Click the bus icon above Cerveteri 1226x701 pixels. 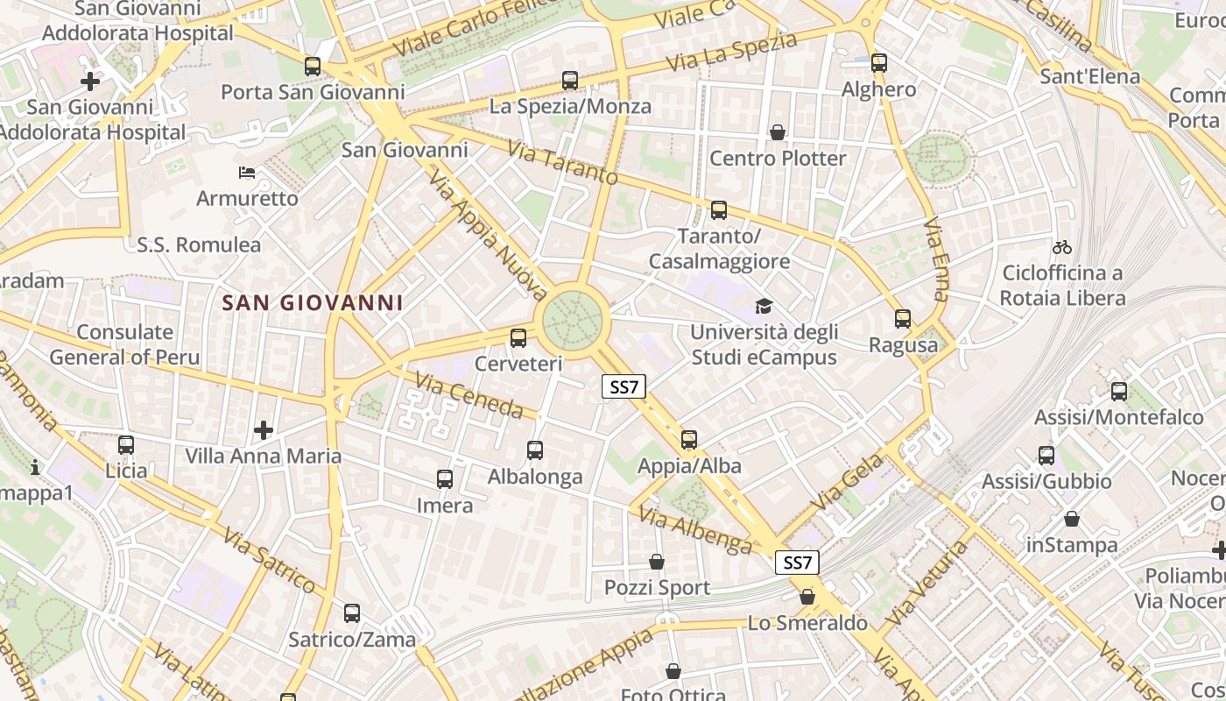coord(518,337)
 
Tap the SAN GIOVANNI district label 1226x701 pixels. coord(313,303)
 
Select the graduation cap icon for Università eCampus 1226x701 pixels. coord(764,307)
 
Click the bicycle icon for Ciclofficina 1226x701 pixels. coord(1062,247)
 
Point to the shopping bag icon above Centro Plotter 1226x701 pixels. coord(777,132)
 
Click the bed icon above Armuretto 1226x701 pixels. coord(247,173)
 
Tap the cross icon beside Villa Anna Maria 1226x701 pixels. coord(264,430)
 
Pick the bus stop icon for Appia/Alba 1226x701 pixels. coord(689,440)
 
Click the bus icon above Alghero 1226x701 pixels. coord(879,63)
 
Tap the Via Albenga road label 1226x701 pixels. coord(695,529)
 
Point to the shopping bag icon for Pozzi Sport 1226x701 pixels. coord(657,562)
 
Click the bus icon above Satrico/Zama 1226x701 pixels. coord(352,613)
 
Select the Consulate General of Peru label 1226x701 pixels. coord(124,344)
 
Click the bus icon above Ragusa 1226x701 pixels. coord(903,319)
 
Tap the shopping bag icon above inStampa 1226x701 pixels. coord(1072,519)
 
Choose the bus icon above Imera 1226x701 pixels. coord(445,479)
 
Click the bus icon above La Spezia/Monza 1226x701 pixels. coord(570,81)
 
